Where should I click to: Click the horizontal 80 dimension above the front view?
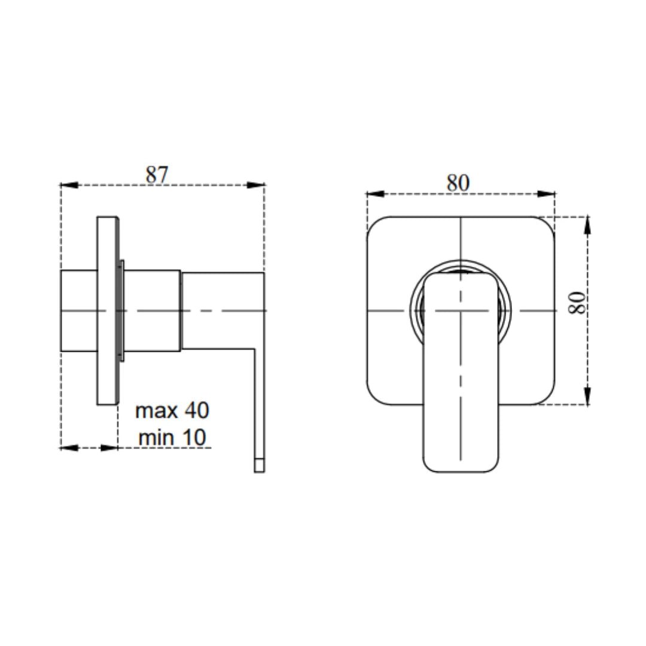click(x=458, y=182)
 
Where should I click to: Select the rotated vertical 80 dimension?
click(x=577, y=303)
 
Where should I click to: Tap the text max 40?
click(x=172, y=410)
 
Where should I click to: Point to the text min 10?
click(x=172, y=437)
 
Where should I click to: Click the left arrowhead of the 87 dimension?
click(x=69, y=185)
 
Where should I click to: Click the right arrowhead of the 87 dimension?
click(x=255, y=185)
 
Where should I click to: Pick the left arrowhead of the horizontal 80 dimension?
click(x=375, y=194)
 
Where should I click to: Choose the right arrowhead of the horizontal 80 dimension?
click(x=546, y=194)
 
